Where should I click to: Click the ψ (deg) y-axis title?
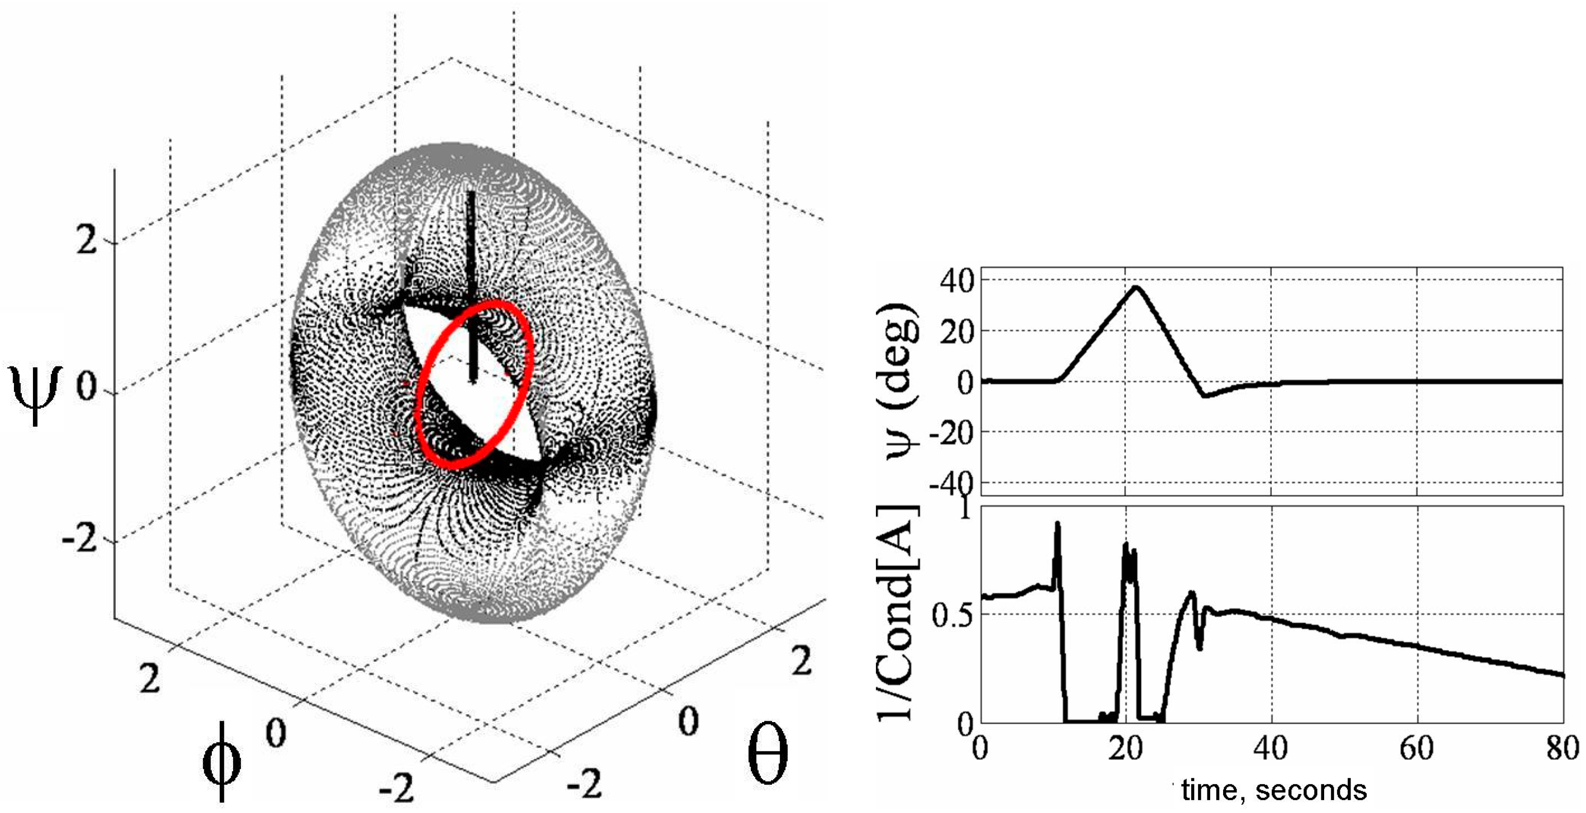tap(902, 382)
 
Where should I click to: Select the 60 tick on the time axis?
tap(1417, 749)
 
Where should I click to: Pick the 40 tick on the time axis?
tap(1271, 749)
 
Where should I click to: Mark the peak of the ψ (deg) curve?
tap(1136, 287)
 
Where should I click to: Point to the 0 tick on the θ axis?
tap(688, 721)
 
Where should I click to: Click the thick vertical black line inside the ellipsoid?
tap(472, 283)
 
